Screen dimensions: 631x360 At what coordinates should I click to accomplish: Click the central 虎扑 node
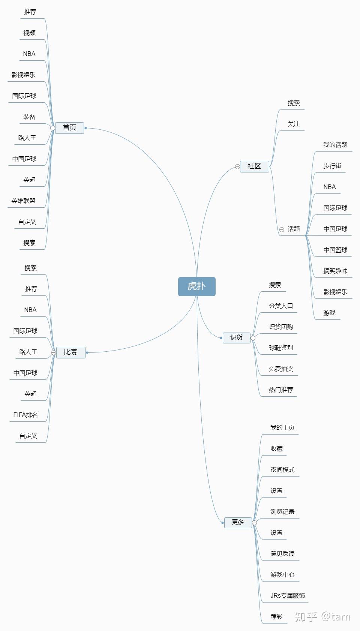(x=196, y=286)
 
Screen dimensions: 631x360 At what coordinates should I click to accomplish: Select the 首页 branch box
(x=69, y=128)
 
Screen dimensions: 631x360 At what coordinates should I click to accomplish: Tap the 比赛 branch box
(x=70, y=352)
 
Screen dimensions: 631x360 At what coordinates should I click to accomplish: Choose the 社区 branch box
(x=254, y=166)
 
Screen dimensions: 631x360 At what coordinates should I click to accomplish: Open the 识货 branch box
(x=236, y=337)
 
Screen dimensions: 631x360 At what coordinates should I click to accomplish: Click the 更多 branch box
(x=238, y=522)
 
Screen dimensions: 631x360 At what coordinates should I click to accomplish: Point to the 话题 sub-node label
(x=294, y=229)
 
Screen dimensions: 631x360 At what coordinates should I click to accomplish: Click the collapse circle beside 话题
(x=282, y=229)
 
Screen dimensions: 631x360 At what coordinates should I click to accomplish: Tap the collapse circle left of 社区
(x=237, y=166)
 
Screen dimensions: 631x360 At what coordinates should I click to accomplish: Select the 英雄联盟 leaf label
(x=23, y=201)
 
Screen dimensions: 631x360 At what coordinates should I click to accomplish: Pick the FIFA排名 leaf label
(x=25, y=415)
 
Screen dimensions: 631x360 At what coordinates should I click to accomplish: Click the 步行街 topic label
(x=332, y=166)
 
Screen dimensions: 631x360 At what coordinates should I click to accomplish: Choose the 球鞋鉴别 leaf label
(x=280, y=348)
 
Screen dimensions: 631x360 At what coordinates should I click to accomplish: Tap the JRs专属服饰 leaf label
(x=288, y=596)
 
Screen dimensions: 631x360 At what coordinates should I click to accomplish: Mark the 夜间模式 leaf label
(x=282, y=470)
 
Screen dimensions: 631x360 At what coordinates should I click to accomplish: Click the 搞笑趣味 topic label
(x=335, y=271)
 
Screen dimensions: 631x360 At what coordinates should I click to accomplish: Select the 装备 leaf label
(x=29, y=117)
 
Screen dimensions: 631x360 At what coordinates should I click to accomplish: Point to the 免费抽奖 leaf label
(x=280, y=369)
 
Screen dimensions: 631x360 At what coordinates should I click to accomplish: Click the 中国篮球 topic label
(x=335, y=250)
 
